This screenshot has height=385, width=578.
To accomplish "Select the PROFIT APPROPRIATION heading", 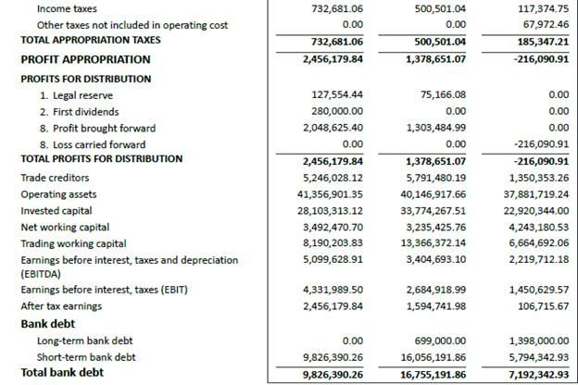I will point(85,59).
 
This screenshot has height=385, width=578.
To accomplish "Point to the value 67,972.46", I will point(544,25).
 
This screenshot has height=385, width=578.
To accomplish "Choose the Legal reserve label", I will point(78,95).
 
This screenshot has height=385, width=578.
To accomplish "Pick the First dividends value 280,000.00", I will point(333,112).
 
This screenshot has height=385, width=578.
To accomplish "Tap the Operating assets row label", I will point(58,194).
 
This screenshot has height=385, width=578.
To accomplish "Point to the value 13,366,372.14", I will point(432,243).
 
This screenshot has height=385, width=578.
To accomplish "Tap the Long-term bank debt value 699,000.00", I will point(440,341).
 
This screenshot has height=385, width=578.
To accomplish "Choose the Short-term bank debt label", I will point(86,357).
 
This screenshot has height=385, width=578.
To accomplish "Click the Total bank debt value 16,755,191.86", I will point(432,374).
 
